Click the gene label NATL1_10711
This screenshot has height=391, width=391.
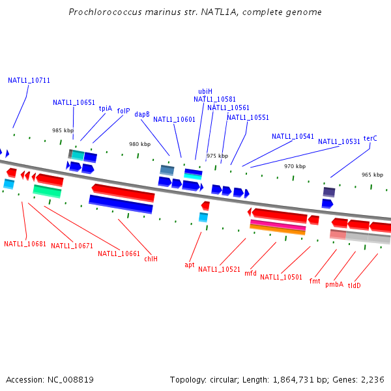29,81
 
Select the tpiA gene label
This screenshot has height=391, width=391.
105,109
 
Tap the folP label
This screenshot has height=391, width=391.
123,111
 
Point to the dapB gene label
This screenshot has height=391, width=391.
142,114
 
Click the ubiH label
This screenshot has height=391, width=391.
205,92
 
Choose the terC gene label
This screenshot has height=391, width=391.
370,138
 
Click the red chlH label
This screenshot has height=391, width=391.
151,259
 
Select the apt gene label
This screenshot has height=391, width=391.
189,265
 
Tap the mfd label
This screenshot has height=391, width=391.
250,274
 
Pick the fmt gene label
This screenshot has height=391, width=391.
315,282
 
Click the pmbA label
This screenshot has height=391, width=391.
334,285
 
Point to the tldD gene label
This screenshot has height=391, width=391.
354,285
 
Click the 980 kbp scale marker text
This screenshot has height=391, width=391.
139,145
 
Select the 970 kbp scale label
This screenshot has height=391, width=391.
295,166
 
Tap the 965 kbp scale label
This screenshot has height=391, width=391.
372,175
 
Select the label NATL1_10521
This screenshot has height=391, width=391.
219,269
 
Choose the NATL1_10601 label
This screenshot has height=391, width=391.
174,119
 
